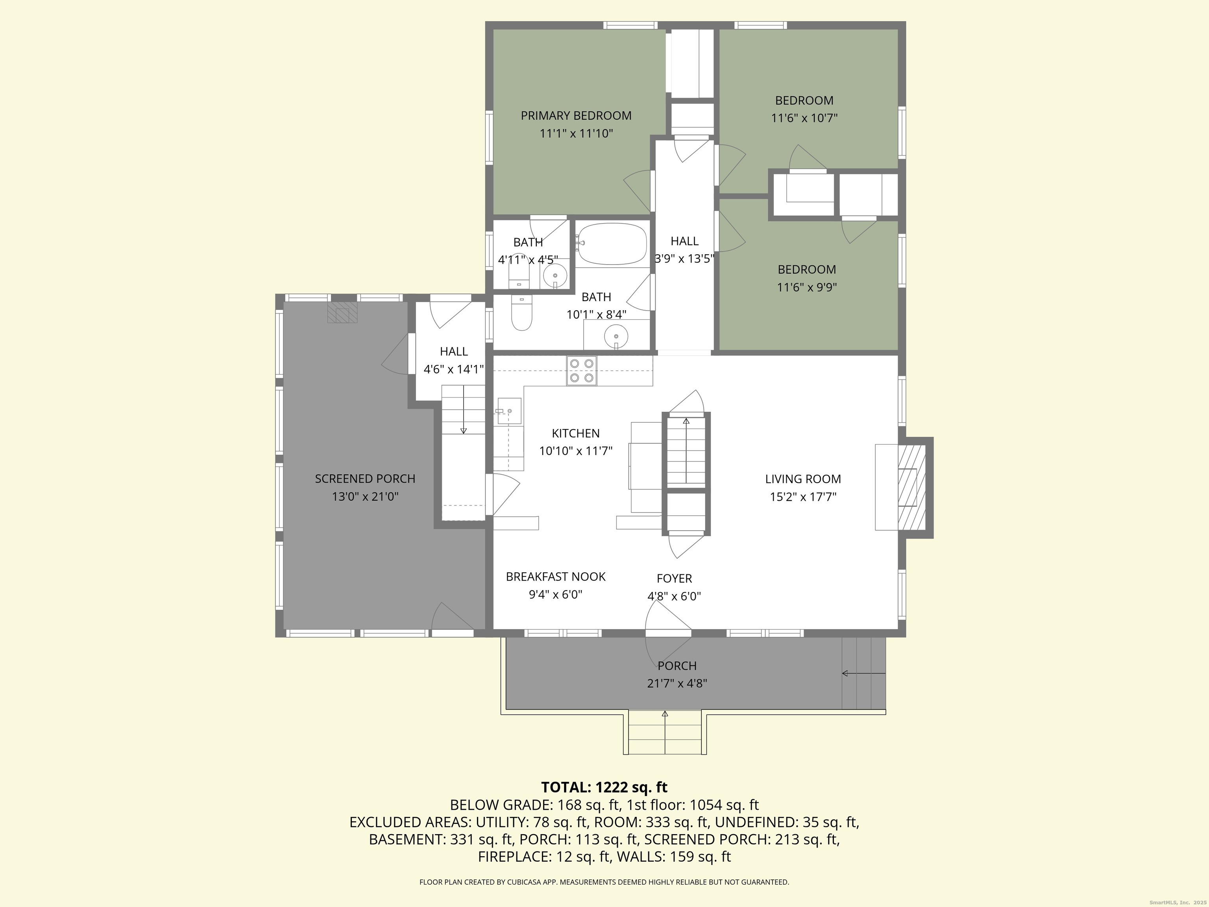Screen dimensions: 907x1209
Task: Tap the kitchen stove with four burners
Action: point(582,370)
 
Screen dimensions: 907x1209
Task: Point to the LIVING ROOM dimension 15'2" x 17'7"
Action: point(802,497)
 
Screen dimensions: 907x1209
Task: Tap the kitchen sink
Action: point(509,411)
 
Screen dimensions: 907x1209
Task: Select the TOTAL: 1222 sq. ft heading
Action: point(604,787)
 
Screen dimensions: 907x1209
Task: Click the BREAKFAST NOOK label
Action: point(555,577)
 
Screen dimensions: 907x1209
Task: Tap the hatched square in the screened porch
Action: point(342,312)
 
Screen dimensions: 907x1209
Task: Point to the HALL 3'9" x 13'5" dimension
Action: point(685,259)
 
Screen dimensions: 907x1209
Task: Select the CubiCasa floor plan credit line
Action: point(604,882)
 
